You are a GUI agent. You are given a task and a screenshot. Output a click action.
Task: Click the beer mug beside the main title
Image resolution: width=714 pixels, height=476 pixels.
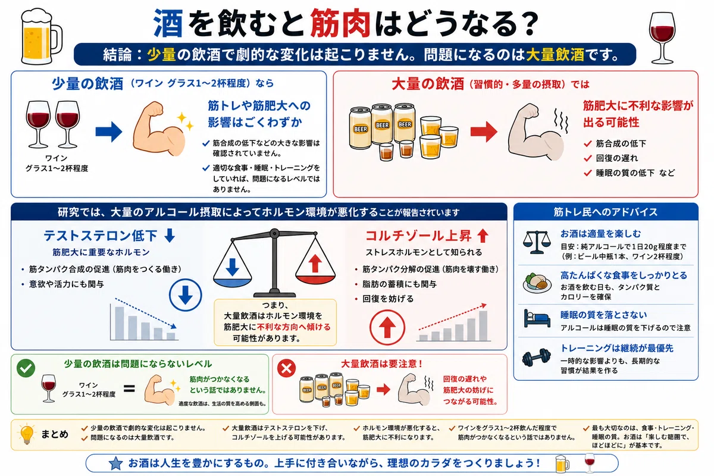tap(41, 36)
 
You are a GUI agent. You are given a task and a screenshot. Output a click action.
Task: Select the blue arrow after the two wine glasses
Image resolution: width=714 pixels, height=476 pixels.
tap(109, 131)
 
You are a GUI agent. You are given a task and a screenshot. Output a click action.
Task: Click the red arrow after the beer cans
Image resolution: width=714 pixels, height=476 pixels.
tap(484, 131)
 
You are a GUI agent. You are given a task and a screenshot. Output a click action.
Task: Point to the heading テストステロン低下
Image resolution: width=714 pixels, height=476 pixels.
tap(101, 236)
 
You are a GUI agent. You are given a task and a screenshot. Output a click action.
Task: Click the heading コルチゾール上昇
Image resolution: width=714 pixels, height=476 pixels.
tap(418, 236)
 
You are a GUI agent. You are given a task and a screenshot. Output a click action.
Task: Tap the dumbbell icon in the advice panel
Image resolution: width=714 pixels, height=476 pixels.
tap(537, 357)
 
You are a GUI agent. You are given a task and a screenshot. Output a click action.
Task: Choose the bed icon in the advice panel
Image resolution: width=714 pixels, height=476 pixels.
tap(537, 318)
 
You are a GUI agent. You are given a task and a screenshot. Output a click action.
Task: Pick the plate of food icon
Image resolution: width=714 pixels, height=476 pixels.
tap(537, 282)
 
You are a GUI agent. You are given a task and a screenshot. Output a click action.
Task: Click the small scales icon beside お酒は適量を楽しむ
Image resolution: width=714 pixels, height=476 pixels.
tap(537, 242)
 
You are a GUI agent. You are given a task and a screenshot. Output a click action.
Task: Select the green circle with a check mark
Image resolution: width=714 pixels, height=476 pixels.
tap(26, 368)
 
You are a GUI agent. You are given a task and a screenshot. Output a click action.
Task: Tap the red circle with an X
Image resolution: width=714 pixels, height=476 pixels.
tap(286, 368)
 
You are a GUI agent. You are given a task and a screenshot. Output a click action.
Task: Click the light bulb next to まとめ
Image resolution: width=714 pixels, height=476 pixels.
tap(27, 434)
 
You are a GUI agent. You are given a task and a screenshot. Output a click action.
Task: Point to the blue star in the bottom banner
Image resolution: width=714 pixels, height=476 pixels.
tap(115, 464)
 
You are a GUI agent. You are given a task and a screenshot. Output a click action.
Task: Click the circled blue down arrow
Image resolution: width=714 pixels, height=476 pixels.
tap(185, 295)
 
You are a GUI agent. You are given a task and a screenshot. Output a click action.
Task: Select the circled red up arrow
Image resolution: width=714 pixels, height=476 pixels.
tap(387, 327)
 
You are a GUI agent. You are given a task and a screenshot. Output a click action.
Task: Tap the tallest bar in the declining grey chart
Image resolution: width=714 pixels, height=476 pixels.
tap(119, 323)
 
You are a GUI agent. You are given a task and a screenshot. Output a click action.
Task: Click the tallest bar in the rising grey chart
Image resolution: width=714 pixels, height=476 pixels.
tap(483, 326)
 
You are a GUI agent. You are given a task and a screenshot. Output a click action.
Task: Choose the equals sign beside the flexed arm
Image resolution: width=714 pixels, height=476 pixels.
tap(129, 389)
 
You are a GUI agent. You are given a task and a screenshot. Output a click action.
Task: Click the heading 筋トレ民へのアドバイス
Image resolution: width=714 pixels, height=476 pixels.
tap(606, 212)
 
